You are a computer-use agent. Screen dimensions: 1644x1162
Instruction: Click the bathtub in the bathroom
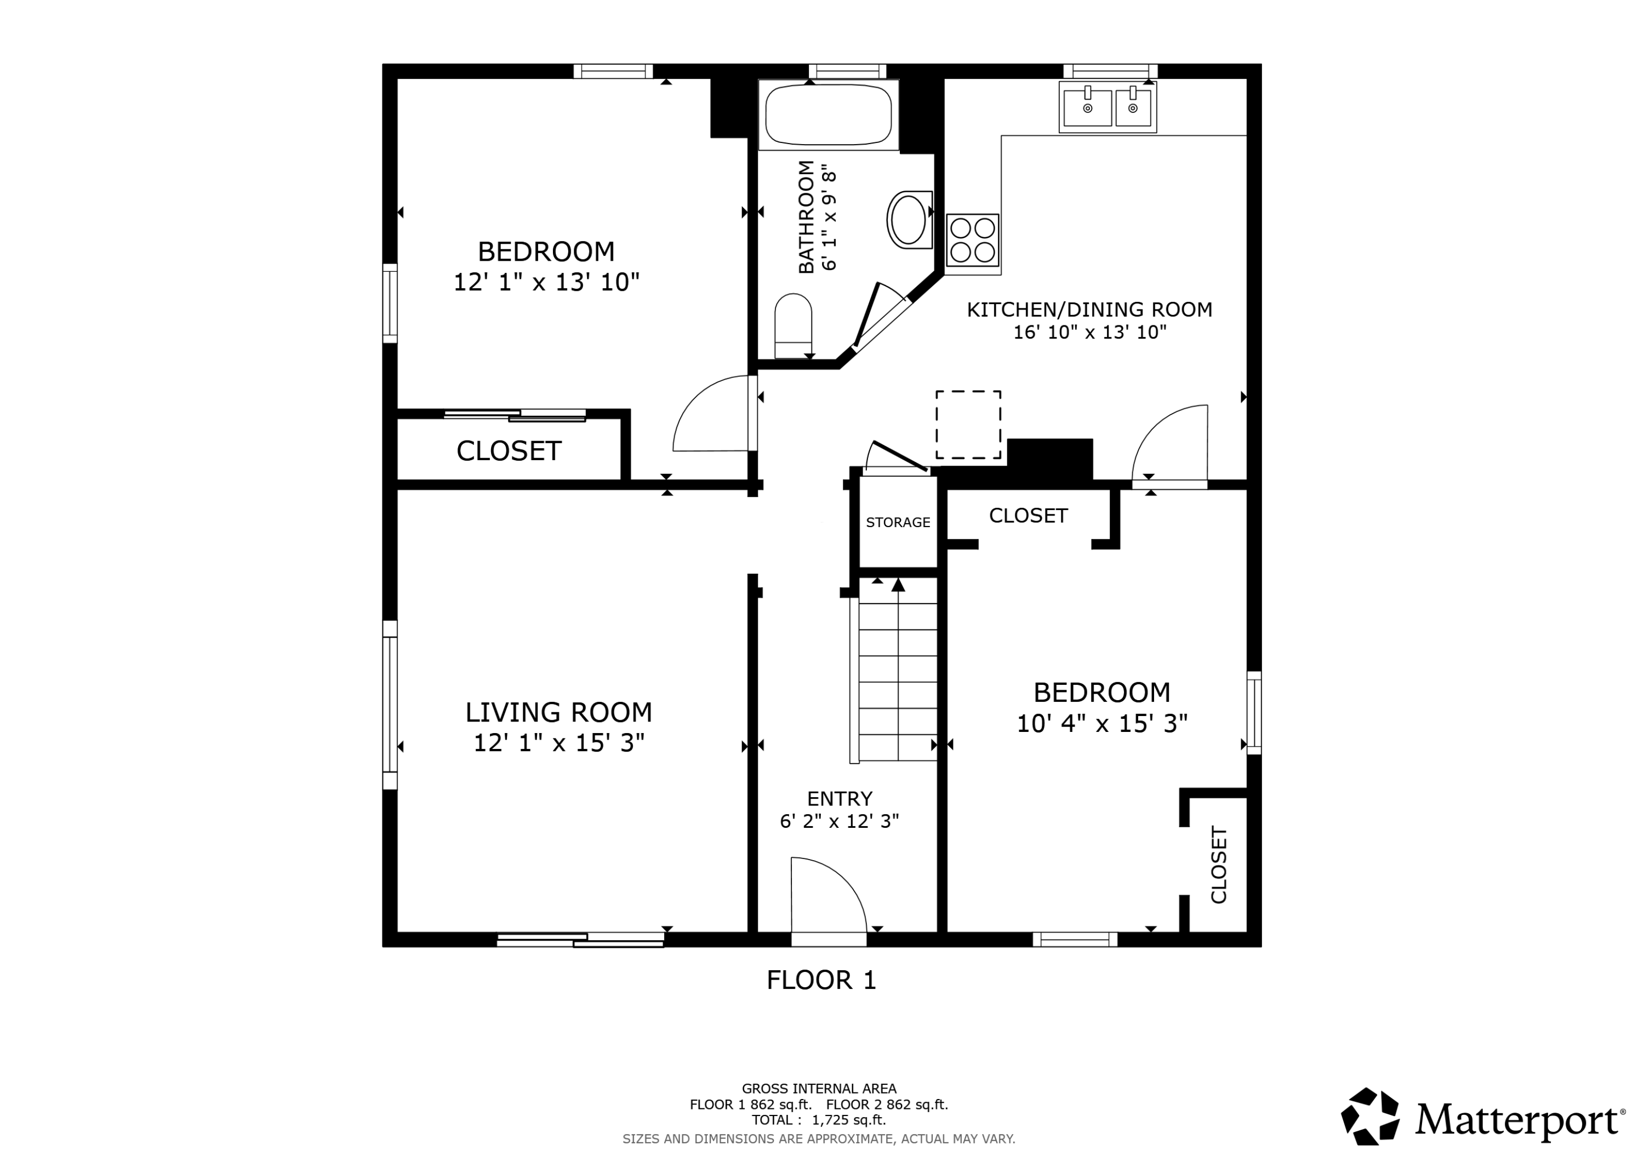[829, 115]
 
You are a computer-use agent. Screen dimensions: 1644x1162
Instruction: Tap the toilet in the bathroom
[794, 326]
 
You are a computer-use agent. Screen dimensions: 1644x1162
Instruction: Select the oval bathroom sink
[909, 220]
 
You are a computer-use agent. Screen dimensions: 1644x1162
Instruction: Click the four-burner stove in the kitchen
[972, 240]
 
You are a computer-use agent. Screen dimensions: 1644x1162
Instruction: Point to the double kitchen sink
[1108, 107]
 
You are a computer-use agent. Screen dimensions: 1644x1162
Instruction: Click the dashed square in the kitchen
[968, 425]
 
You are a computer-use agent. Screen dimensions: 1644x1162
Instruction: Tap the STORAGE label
[898, 523]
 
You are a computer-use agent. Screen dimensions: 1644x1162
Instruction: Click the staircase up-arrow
[898, 585]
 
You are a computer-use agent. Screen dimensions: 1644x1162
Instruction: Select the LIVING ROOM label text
[558, 712]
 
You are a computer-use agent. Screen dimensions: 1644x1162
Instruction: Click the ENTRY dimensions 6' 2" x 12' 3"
[839, 821]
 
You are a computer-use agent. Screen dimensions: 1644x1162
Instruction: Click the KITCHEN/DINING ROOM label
[1089, 310]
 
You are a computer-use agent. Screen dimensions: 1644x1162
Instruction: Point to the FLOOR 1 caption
[821, 980]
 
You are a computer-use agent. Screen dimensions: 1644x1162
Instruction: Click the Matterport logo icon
[1370, 1116]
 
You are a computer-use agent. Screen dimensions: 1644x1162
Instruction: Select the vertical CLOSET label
[1219, 865]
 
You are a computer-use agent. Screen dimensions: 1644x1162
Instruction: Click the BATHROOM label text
[806, 216]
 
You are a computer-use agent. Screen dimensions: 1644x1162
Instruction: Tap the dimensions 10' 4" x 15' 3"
[1102, 724]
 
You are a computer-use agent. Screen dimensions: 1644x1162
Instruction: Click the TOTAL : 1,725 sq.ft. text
[818, 1120]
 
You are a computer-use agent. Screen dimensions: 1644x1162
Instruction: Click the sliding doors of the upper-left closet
[515, 415]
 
